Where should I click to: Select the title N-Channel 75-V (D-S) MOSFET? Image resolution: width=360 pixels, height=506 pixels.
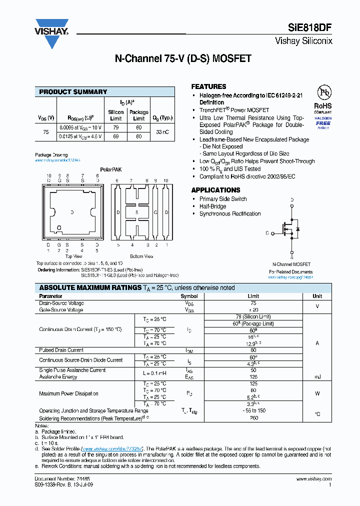tap(183, 58)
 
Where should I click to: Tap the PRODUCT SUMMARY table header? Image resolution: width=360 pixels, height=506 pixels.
tap(73, 92)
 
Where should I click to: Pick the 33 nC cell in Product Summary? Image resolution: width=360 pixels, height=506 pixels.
tap(162, 132)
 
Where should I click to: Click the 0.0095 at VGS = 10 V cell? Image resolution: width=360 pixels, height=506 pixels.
tap(80, 128)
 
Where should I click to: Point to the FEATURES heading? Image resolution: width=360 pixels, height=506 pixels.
tap(208, 86)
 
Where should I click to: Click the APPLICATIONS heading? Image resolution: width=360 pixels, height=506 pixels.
tap(215, 190)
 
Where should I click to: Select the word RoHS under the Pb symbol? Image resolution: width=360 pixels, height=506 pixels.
tap(323, 106)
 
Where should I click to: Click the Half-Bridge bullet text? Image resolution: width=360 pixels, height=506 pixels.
tap(212, 206)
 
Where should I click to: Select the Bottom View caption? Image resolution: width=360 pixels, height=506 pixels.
tap(141, 256)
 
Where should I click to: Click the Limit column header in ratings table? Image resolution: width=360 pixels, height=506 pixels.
tap(253, 296)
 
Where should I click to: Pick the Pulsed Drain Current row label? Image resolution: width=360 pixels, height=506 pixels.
tap(61, 350)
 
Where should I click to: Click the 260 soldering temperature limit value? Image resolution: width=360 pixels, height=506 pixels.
tap(253, 418)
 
